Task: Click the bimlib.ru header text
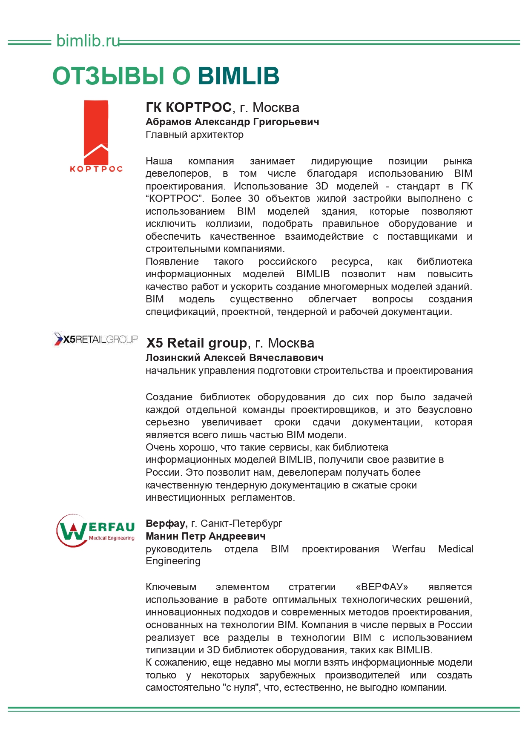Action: point(88,41)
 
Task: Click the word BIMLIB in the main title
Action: point(238,76)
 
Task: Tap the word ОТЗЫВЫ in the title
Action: point(109,76)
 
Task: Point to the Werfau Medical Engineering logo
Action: point(96,531)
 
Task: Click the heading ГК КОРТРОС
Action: point(189,107)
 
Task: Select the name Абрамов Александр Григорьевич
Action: point(232,122)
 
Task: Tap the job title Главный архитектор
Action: point(195,135)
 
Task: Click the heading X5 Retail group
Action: point(196,343)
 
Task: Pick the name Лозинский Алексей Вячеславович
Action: point(234,358)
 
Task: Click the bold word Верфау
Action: point(166,523)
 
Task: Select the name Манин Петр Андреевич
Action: point(205,536)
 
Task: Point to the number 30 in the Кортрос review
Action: point(253,198)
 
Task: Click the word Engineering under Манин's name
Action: point(173,561)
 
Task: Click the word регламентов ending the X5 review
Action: point(263,497)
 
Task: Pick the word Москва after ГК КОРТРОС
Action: point(276,107)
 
